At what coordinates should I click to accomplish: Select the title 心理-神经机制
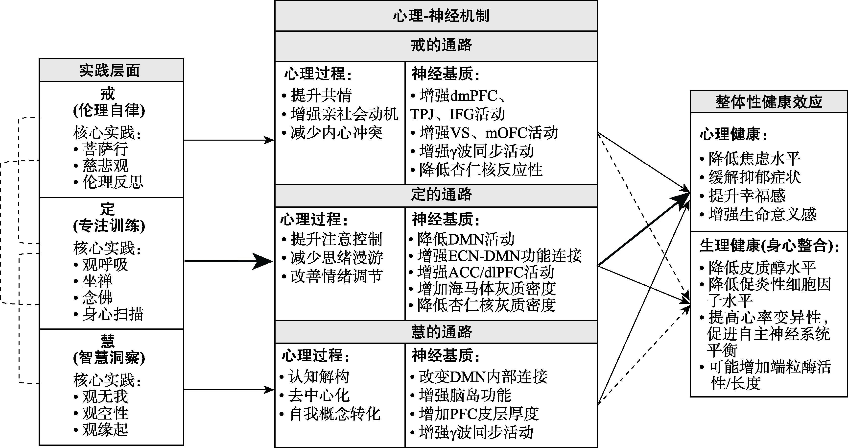(441, 16)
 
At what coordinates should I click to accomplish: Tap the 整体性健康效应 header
(769, 102)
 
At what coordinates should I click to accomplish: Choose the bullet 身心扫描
(113, 314)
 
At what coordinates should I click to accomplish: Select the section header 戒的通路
(441, 45)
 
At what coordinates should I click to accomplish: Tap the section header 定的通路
(441, 194)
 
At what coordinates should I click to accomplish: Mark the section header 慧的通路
(441, 332)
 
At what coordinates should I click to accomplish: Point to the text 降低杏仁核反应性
(481, 170)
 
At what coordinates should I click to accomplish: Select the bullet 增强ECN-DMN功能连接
(499, 256)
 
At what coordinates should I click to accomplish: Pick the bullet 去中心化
(319, 395)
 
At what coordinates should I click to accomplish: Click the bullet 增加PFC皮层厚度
(479, 414)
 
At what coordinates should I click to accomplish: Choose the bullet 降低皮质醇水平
(762, 268)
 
